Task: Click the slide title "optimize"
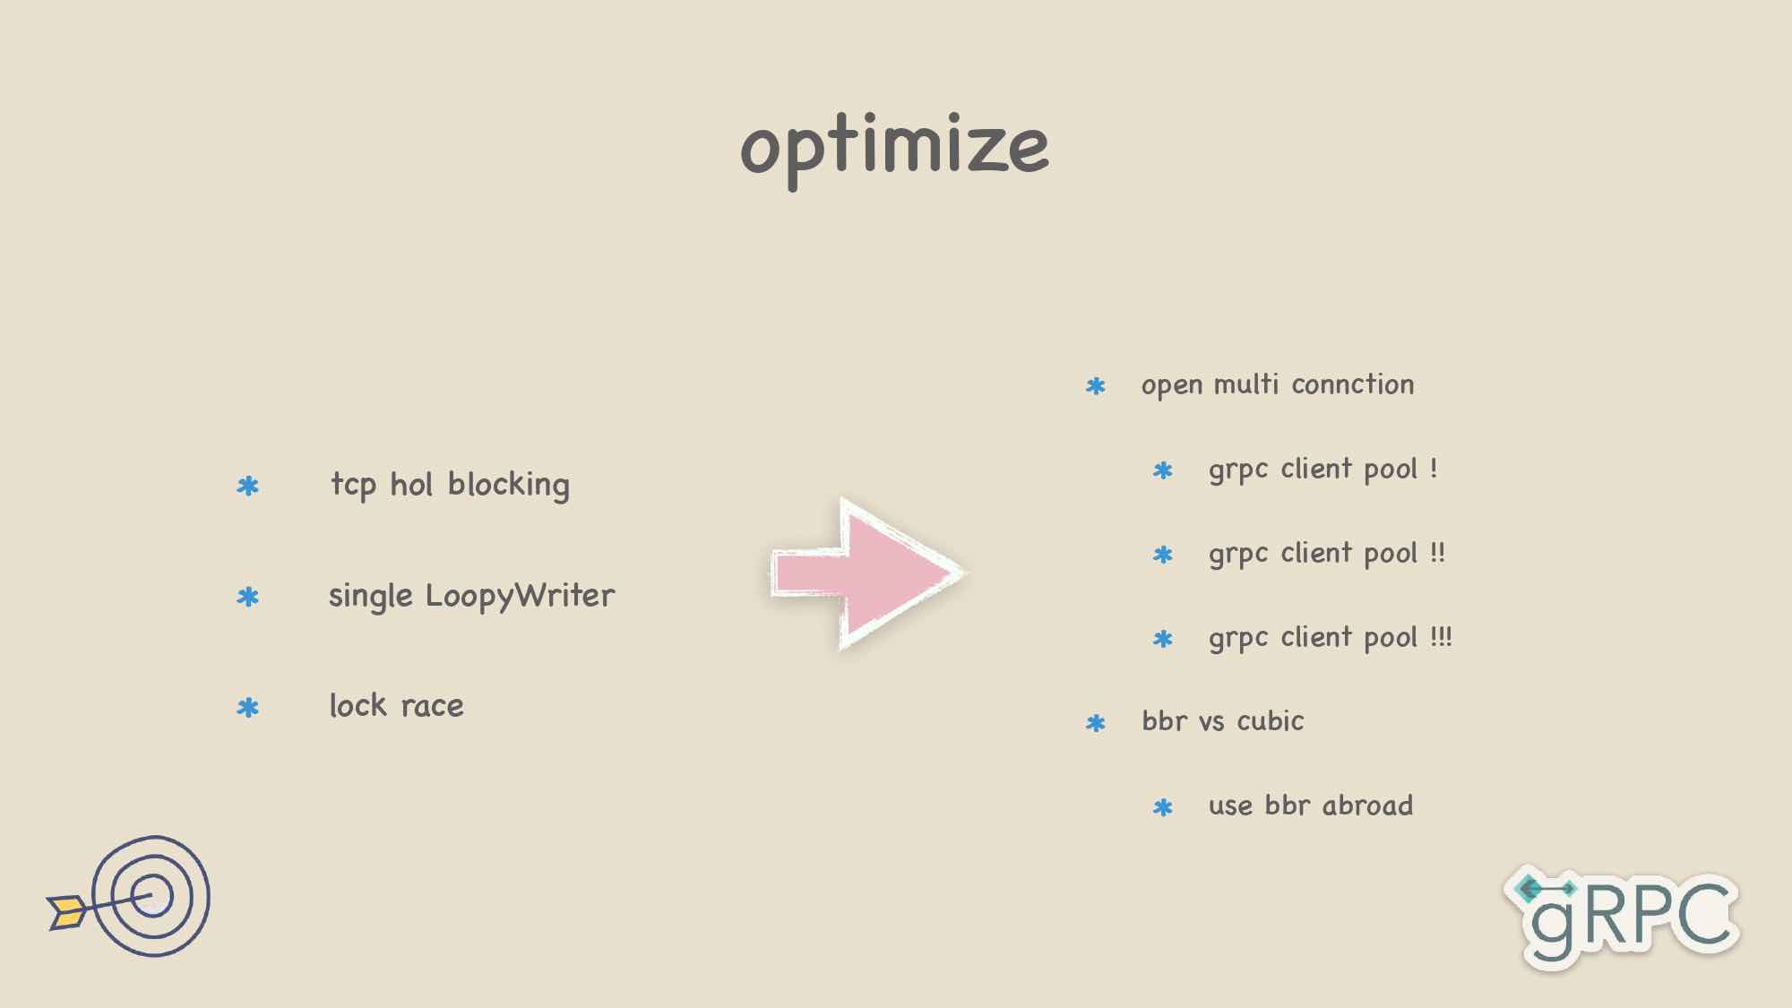[x=894, y=148]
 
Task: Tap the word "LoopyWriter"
[x=520, y=597]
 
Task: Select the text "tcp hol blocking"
[x=450, y=485]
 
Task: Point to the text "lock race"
[x=396, y=706]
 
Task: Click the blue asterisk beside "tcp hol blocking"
[x=247, y=487]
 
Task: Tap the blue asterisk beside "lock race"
[x=247, y=708]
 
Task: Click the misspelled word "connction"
[x=1352, y=384]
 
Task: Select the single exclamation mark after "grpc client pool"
[x=1434, y=468]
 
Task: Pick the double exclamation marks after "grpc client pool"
[x=1437, y=552]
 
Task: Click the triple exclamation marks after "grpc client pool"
[x=1441, y=636]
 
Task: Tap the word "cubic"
[x=1270, y=720]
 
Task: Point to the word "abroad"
[x=1367, y=805]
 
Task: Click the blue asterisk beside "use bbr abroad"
[x=1163, y=807]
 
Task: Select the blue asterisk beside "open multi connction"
[x=1095, y=386]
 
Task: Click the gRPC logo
[x=1622, y=916]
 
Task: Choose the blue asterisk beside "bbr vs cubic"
[x=1095, y=723]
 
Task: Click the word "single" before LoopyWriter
[x=371, y=597]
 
